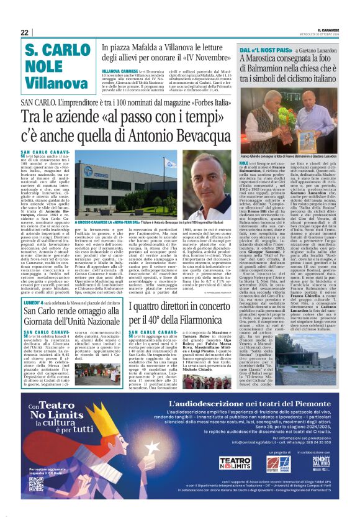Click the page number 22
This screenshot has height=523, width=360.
tap(25, 32)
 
